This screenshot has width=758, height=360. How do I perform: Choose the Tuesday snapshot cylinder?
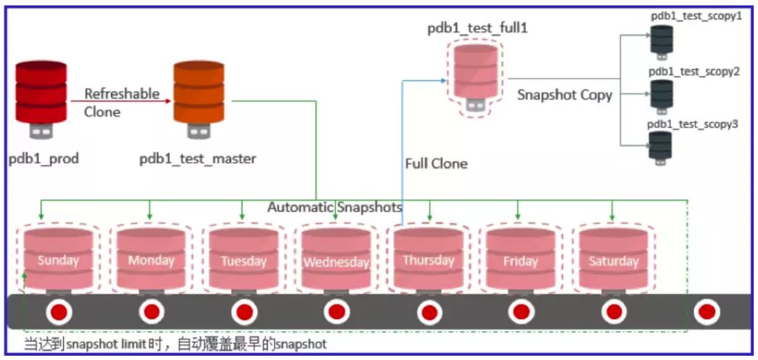[244, 260]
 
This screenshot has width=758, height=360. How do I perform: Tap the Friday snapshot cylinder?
[521, 260]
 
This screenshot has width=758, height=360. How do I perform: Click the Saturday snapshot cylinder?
[613, 260]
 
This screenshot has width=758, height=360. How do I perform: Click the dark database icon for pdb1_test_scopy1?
[661, 39]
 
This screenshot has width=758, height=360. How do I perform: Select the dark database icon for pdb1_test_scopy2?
[661, 94]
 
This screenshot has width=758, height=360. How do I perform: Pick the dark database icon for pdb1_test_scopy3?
[660, 147]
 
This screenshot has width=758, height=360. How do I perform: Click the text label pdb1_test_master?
[198, 159]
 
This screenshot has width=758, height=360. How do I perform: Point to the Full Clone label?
[436, 164]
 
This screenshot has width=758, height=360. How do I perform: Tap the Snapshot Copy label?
[565, 95]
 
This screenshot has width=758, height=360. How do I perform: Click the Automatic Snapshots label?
[335, 208]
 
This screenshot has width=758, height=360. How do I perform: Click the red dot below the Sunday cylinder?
[58, 311]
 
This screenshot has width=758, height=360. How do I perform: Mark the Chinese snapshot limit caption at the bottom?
[175, 345]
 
